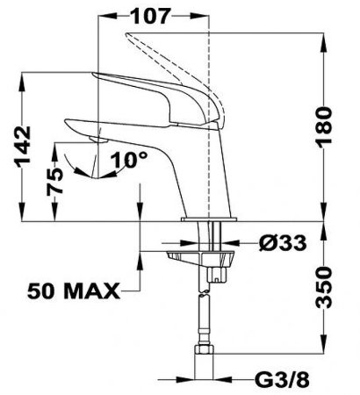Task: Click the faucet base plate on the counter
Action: tap(209, 219)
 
